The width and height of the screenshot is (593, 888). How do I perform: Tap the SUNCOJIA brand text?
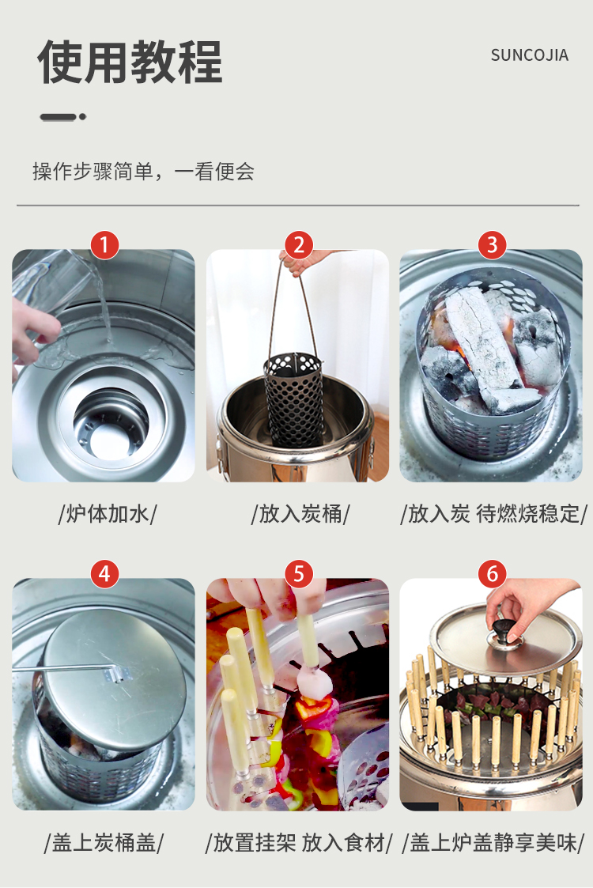coord(529,55)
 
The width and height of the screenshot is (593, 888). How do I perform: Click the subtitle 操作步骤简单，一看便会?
coord(143,172)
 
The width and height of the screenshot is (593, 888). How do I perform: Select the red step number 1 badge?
coord(104,245)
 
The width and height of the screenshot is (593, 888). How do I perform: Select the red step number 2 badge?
coord(298,245)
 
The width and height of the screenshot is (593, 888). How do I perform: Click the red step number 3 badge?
coord(492,245)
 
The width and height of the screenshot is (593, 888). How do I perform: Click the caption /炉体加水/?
coord(108,514)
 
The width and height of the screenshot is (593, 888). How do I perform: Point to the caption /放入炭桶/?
coord(300,514)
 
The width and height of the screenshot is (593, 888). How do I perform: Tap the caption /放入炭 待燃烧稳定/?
coord(494,514)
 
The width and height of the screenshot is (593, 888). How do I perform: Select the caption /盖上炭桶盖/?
coord(104,843)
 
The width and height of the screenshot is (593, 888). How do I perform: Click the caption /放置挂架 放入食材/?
coord(299,843)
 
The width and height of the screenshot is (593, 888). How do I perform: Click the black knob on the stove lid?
coord(502,629)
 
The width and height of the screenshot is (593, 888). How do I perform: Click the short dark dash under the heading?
coord(59,117)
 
